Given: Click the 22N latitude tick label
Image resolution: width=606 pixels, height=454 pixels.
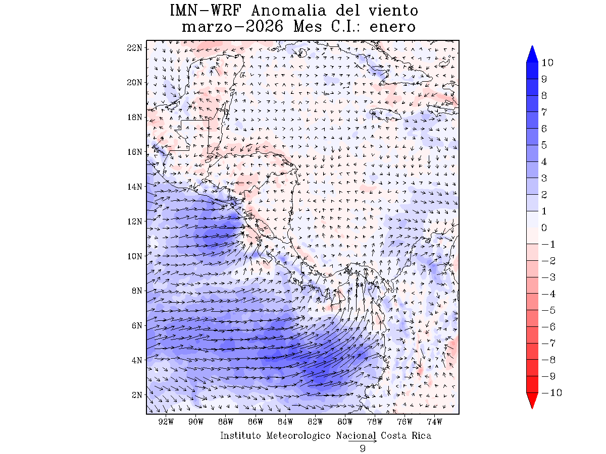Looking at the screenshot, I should pos(135,47).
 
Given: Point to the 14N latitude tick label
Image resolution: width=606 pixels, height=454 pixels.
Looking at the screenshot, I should pos(135,186).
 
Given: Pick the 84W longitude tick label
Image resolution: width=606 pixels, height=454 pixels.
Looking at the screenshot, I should pos(285,422).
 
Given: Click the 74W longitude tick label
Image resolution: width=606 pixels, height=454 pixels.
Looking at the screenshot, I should pos(434,422).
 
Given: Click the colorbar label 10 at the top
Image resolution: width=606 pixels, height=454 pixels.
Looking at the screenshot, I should pos(547,63).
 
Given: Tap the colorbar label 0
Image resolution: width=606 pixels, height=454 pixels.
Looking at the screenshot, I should pos(544,228).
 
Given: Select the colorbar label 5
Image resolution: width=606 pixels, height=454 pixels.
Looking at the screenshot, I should pos(544,145).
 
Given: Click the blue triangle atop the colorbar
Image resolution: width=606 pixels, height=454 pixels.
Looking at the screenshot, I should pos(532,54).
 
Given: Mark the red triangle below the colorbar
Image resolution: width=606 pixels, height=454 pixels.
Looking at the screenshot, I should pos(532,401).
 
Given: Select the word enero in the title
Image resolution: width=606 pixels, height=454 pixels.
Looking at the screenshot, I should pos(392,27).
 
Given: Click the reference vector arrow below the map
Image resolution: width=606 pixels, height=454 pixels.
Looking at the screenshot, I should pos(363,441).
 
